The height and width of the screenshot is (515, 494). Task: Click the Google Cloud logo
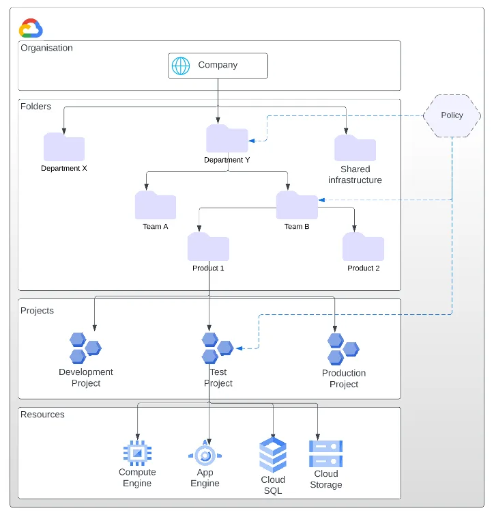point(31,28)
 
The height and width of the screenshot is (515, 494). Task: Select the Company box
point(218,66)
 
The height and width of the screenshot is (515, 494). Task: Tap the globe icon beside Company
point(181,66)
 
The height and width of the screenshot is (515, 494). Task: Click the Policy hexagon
point(452,115)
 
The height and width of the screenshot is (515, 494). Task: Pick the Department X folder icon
point(64,147)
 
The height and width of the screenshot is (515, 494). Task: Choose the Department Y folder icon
point(227,138)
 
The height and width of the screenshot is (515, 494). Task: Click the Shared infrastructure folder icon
point(355,148)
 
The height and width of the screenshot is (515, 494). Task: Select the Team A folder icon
point(156,205)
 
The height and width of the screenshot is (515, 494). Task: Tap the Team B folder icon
point(297,205)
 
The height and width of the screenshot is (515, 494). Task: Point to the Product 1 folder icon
point(208,247)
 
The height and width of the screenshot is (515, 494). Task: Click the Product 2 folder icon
point(363,247)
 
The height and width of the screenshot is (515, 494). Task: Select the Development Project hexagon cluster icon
point(85,348)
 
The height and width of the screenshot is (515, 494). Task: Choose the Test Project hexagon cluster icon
point(218,348)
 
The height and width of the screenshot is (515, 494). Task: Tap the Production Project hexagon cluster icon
point(343,349)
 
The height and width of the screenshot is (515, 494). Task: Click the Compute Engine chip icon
point(137,454)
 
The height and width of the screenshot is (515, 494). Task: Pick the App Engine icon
point(205,454)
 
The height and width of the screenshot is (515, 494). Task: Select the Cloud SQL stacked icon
point(273,455)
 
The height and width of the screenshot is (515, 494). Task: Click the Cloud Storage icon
point(325,454)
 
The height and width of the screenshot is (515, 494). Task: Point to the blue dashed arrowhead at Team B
point(321,199)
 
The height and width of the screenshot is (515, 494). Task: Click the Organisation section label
point(46,48)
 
